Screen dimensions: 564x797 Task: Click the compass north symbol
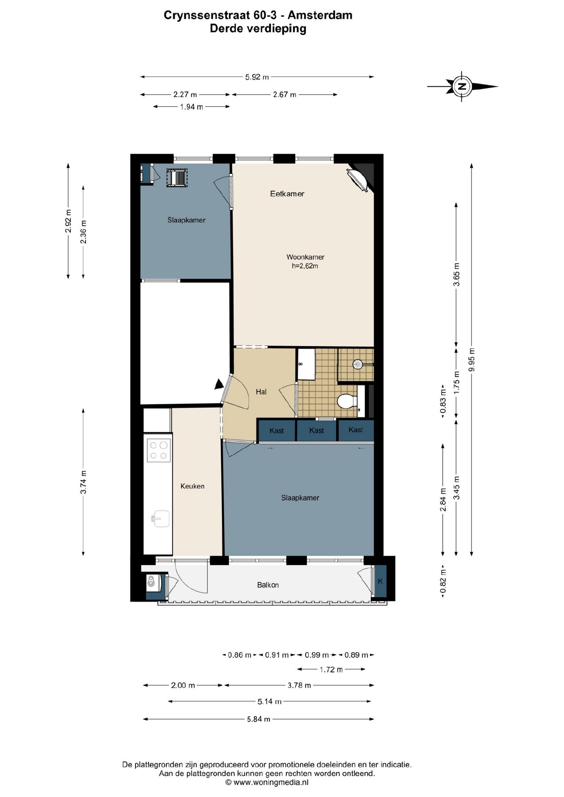point(462,86)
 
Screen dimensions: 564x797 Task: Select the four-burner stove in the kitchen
point(159,450)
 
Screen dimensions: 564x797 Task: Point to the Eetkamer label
point(287,193)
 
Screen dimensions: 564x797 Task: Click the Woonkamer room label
point(305,257)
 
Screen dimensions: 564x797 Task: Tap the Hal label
point(261,391)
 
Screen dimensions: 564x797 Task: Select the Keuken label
point(192,486)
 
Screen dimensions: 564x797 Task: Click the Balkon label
point(268,585)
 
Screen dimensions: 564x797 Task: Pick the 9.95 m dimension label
point(471,360)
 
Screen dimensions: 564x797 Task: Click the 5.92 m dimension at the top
point(257,77)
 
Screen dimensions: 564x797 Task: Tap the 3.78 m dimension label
point(299,685)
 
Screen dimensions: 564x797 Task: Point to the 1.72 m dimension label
point(331,669)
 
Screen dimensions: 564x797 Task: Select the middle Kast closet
point(316,430)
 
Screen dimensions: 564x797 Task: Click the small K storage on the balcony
point(380,581)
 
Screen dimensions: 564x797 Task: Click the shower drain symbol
point(358,364)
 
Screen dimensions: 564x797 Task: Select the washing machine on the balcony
point(152,581)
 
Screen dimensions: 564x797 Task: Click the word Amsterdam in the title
point(320,15)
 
